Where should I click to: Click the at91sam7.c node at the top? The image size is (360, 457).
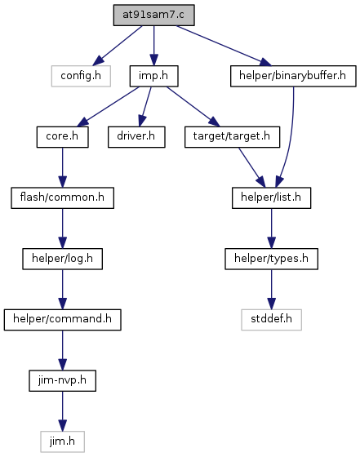(154, 15)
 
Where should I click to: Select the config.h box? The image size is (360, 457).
(81, 76)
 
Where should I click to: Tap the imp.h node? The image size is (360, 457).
(154, 76)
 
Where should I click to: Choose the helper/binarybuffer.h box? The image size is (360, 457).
(293, 76)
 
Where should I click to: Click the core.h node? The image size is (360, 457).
(62, 137)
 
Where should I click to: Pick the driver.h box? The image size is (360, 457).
(136, 137)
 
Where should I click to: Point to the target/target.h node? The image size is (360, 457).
(232, 137)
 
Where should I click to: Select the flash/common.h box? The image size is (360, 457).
(62, 197)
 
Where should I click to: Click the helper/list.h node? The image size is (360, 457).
(271, 197)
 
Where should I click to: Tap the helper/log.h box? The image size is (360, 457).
(62, 259)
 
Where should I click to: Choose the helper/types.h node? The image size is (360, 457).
(271, 259)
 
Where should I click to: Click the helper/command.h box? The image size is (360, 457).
(62, 320)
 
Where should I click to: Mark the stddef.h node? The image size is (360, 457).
(271, 320)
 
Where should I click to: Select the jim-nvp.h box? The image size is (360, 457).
(62, 380)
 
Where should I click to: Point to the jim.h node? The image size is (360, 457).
(62, 441)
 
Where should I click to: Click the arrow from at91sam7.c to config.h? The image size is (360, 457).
(118, 46)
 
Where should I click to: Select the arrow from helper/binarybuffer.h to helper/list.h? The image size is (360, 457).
(290, 137)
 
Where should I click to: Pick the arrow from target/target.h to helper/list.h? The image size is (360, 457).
(252, 167)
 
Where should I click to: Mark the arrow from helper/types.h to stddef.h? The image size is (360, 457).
(271, 290)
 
